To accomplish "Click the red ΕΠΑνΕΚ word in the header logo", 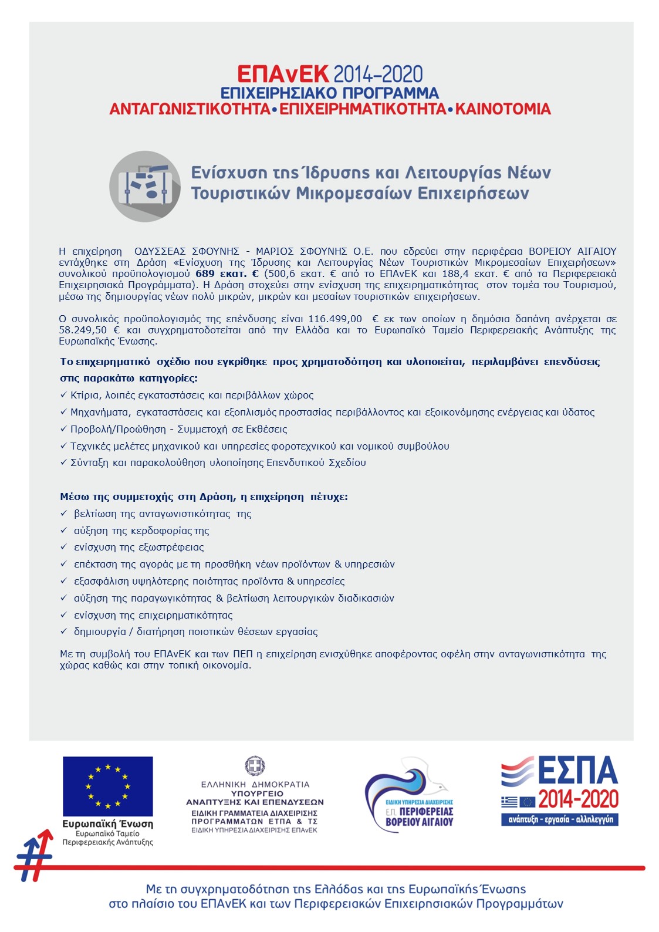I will pos(283,74).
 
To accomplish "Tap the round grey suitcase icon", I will pos(145,186).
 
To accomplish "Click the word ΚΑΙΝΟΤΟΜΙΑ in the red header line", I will pos(503,109).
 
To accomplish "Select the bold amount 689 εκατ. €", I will pos(227,274).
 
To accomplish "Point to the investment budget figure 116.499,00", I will pos(335,319).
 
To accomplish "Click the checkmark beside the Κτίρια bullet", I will pos(63,395).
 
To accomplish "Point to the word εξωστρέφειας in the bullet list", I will pos(170,547).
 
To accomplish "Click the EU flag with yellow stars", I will pos(108,786).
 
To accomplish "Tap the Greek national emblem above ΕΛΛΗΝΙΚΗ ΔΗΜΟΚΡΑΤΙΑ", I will pos(255,766).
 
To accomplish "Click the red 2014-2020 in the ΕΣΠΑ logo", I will pos(578,799).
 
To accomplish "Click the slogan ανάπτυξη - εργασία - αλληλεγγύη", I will pos(560,819).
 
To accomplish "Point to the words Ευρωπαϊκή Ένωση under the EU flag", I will pos(108,823).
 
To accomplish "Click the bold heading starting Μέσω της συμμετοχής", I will pos(204,497).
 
